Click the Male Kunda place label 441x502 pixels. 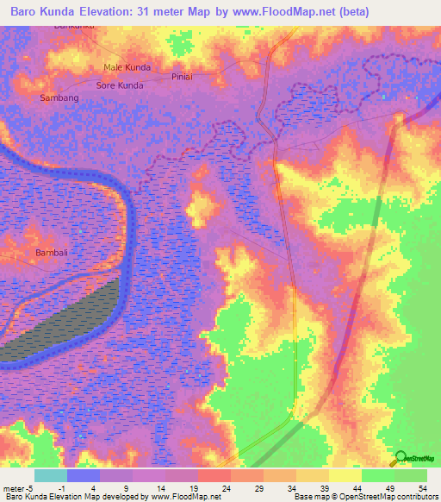pos(127,67)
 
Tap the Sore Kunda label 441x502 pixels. pos(119,85)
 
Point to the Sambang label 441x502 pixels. pos(59,98)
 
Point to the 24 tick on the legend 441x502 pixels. pos(226,488)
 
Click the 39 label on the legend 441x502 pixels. pos(324,488)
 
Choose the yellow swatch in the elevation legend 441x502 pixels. pos(345,475)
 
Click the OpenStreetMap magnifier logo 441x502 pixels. pos(400,458)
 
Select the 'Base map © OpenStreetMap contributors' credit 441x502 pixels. pos(364,497)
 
